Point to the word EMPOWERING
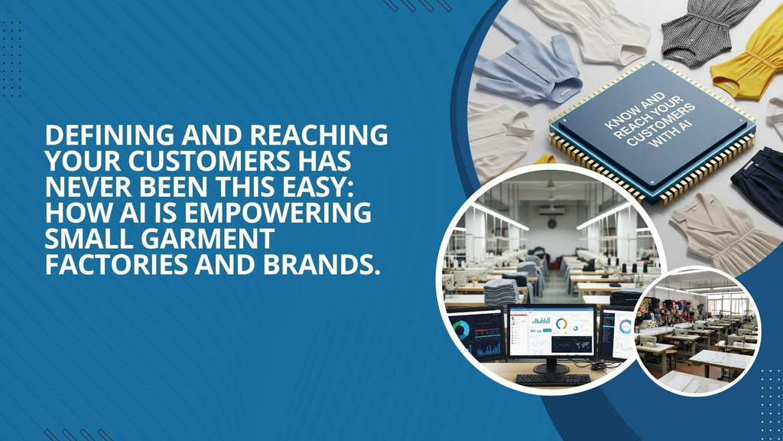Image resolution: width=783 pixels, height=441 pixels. click(278, 213)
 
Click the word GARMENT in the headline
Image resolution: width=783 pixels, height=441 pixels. click(208, 239)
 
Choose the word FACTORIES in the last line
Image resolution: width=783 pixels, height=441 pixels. click(116, 264)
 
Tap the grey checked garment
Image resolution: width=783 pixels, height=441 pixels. click(709, 31)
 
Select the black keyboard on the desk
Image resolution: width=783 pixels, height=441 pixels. click(552, 379)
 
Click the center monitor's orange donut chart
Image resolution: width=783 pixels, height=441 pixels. click(562, 324)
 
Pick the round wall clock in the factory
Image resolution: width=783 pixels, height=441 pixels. click(551, 223)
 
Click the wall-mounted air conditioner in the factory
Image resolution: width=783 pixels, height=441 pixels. click(551, 211)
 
